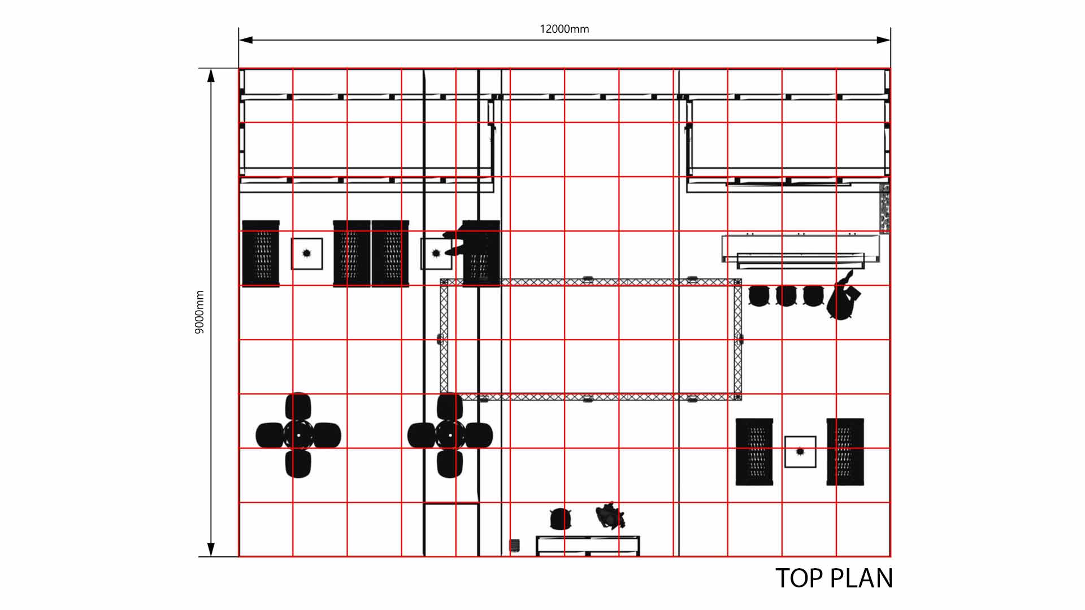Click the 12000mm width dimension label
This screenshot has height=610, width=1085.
(564, 29)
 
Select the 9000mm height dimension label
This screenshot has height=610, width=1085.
(199, 312)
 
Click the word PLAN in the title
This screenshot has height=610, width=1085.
(862, 578)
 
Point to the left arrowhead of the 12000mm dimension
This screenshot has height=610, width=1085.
(246, 40)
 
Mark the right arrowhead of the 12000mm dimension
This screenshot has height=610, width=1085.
(883, 40)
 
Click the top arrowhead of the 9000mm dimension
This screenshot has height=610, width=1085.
(211, 76)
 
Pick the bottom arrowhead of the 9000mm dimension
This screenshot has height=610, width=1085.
(211, 550)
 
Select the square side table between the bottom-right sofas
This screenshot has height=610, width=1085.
(800, 452)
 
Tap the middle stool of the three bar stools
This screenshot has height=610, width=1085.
(786, 295)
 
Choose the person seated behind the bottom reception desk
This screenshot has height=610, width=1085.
(610, 516)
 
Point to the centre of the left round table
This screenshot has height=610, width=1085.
(298, 435)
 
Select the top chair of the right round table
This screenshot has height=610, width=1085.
(450, 407)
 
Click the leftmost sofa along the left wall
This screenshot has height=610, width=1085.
(261, 254)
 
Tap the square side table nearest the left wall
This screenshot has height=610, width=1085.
(307, 254)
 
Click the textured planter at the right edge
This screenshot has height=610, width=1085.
(885, 207)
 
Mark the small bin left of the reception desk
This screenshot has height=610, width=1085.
(514, 545)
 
